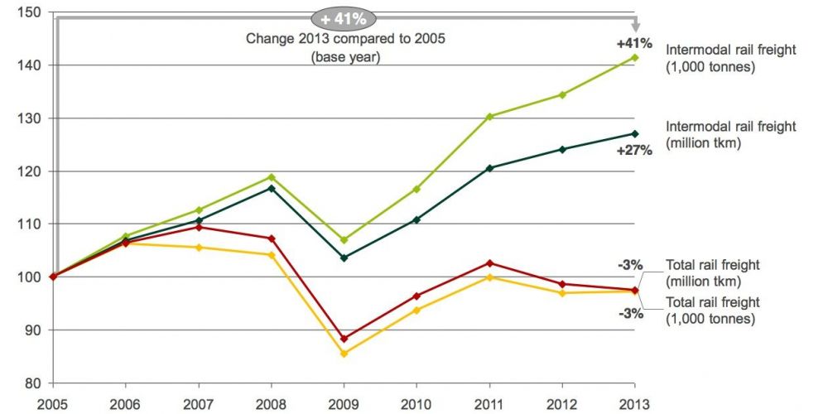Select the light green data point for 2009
coord(344,240)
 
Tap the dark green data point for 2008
coord(271,189)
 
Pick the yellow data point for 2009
coord(344,354)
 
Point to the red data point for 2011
coord(489,263)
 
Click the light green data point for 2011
coord(489,117)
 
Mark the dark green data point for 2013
coord(635,133)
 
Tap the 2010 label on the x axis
coord(416,405)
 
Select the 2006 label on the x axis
coord(125,405)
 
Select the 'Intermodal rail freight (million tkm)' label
coord(731,135)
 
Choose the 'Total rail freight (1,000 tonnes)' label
coord(713,310)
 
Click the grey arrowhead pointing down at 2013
coord(635,26)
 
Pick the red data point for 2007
coord(198,227)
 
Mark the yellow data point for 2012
coord(562,293)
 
